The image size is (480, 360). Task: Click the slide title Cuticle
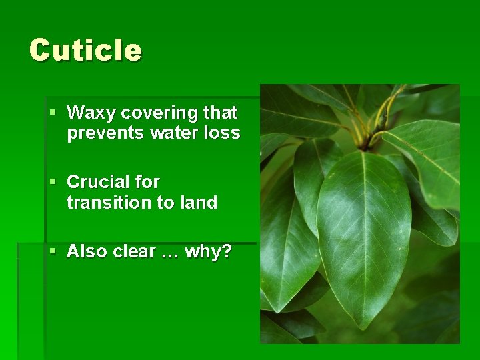(x=85, y=50)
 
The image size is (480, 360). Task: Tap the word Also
(x=87, y=251)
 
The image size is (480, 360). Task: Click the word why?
(x=208, y=252)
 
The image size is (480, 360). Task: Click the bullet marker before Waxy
(x=53, y=112)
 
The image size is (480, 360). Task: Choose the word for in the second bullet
(x=147, y=181)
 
